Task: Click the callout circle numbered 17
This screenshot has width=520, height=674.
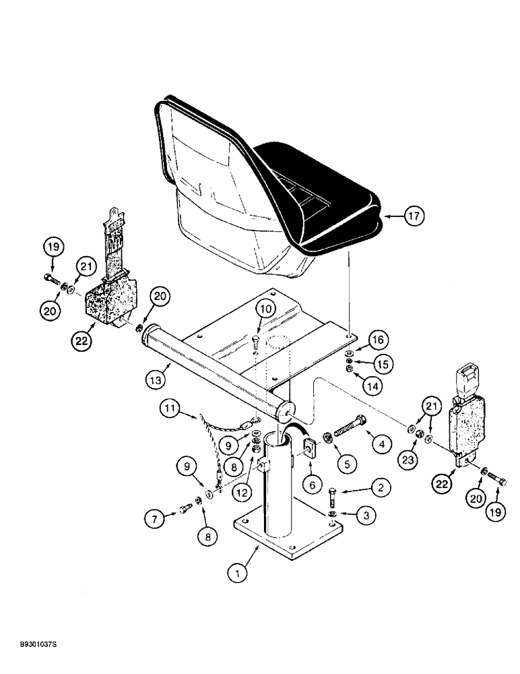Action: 414,217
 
